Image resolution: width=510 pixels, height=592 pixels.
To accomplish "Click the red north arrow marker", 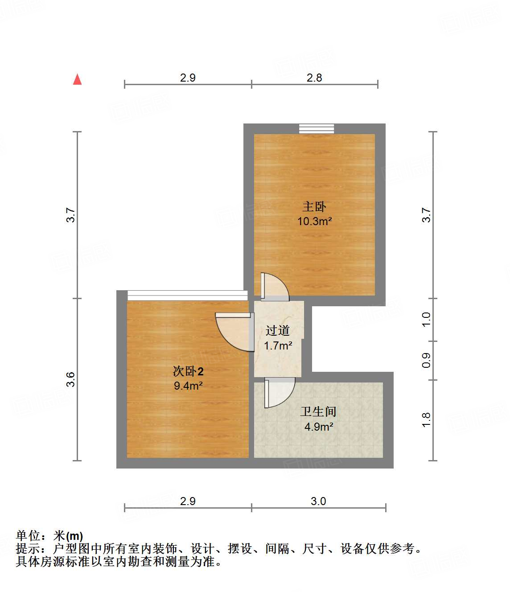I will (78, 79).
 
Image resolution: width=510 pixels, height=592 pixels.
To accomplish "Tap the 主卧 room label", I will (314, 206).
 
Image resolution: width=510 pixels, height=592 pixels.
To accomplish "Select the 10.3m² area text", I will (315, 221).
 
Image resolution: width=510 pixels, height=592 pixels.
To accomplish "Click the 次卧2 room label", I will (188, 371).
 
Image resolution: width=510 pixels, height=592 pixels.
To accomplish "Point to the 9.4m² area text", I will (188, 386).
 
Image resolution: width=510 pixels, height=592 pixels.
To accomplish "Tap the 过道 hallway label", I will (278, 330).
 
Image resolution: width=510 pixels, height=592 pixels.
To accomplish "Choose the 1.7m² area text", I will (278, 345).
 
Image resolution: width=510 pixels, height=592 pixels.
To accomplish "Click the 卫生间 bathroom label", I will (318, 411).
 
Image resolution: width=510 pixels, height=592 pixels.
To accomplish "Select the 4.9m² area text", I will (319, 427).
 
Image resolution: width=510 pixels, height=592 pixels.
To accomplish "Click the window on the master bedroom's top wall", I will (316, 129).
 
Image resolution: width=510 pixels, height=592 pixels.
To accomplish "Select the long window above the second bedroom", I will (187, 295).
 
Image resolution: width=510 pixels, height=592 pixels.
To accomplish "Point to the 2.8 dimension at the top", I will (314, 78).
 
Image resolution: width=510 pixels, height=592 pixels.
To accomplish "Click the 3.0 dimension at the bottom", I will (318, 501).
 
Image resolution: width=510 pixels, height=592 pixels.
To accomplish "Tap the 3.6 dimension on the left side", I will (71, 379).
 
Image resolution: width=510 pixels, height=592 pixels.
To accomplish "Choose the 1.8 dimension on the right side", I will (426, 420).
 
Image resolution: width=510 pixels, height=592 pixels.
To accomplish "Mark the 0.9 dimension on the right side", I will (426, 360).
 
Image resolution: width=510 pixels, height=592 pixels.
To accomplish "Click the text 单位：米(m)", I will (49, 536).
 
